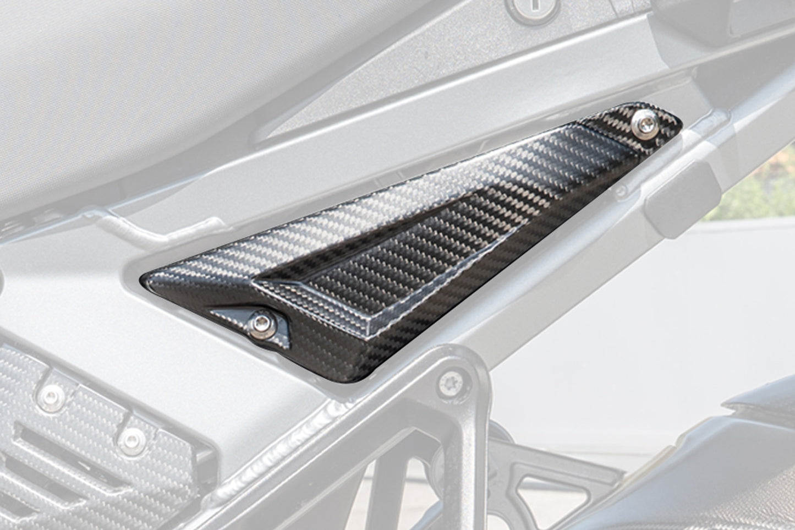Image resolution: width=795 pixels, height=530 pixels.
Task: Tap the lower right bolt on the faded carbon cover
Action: [x=132, y=439]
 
